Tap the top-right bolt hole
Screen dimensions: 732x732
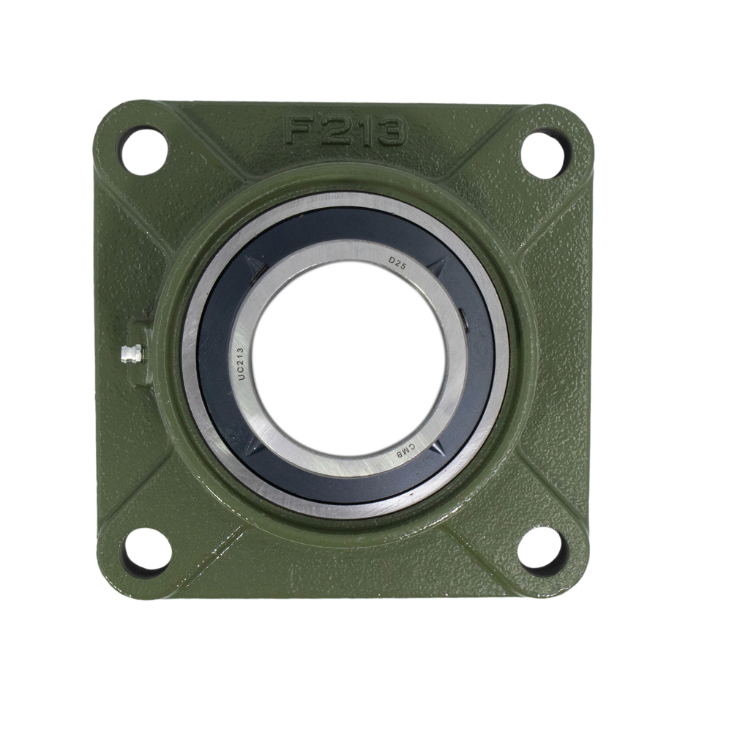pyautogui.click(x=545, y=149)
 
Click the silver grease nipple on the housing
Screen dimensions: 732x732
pyautogui.click(x=132, y=354)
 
